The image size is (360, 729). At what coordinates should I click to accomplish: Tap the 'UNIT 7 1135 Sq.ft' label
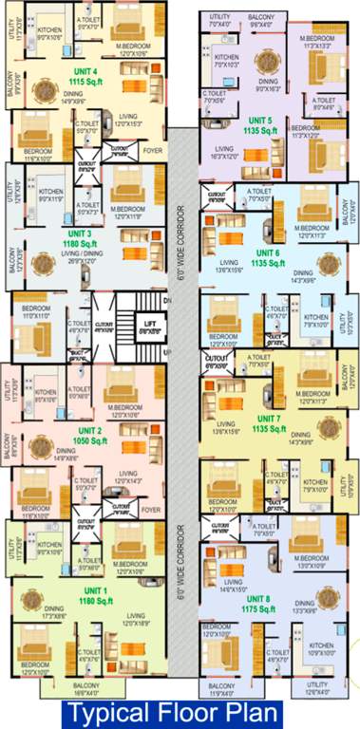coord(264,423)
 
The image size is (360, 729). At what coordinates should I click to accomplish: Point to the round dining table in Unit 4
coord(45,91)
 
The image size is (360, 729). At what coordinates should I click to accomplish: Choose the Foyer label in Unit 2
coord(150,509)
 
